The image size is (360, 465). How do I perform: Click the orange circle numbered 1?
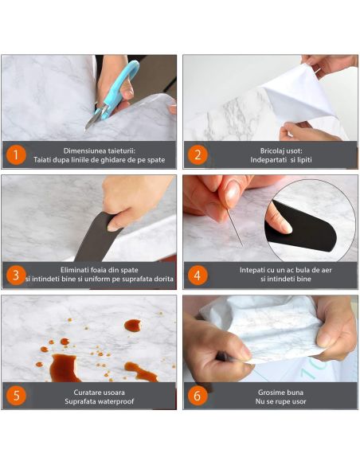[x=16, y=155]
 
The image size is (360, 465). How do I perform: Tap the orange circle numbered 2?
[x=198, y=155]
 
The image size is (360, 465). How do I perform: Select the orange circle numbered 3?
[x=16, y=275]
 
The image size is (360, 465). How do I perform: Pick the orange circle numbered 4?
[x=198, y=275]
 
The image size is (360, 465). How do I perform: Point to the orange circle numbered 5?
[x=16, y=396]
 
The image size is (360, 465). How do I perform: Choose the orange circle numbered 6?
[x=198, y=396]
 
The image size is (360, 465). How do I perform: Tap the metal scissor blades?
[x=94, y=118]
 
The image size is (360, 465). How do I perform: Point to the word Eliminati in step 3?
[x=74, y=270]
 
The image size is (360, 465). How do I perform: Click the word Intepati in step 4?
[x=252, y=270]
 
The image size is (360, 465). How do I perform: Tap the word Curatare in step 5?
[x=87, y=393]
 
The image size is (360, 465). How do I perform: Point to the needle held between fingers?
[x=235, y=228]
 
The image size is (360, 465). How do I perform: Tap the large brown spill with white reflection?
[x=63, y=369]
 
